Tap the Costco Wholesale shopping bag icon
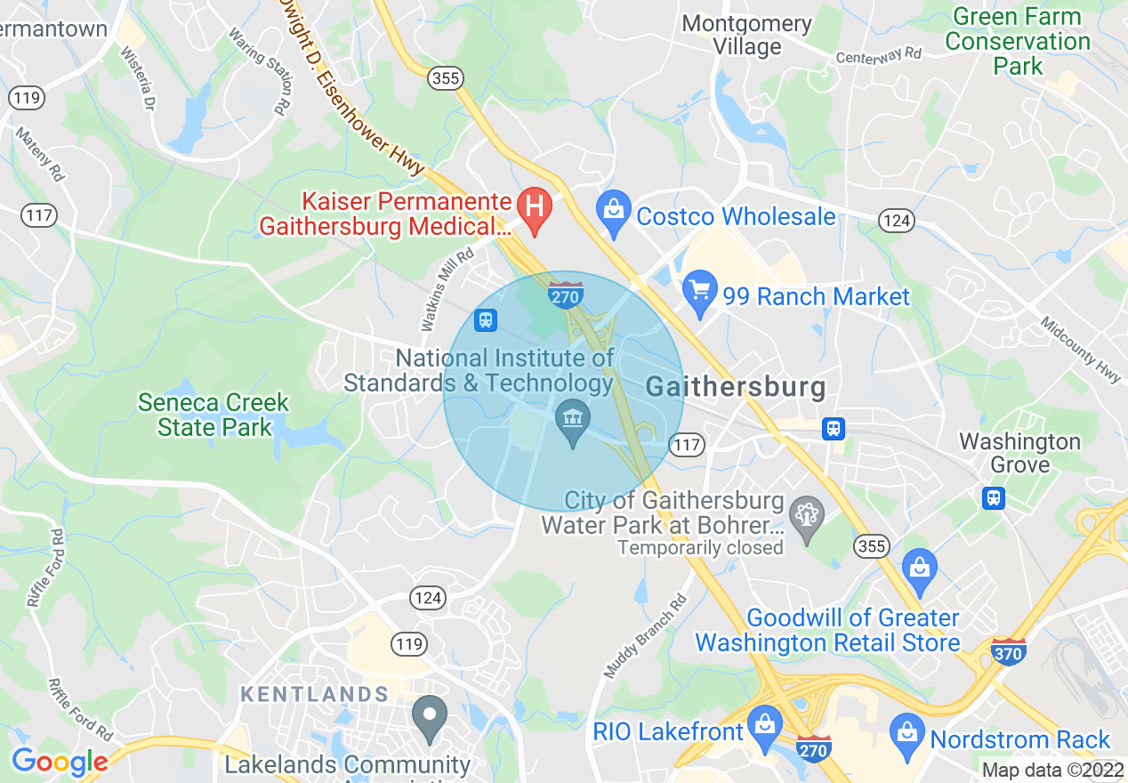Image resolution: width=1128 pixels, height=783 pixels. [613, 211]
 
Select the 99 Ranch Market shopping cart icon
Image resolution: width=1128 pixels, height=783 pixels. [699, 290]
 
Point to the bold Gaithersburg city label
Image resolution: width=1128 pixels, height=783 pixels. [735, 387]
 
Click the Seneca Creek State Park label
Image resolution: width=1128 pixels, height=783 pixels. [214, 415]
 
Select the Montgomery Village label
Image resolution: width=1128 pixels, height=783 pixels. [746, 36]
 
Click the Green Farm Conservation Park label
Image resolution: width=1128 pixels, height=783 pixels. [1017, 41]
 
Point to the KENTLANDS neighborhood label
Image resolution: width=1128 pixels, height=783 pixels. [315, 694]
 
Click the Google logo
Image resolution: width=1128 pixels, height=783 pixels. [60, 761]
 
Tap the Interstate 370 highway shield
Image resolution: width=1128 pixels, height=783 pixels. [1008, 651]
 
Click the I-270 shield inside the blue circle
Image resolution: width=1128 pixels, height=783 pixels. [566, 295]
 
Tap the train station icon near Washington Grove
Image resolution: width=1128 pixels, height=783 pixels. [994, 497]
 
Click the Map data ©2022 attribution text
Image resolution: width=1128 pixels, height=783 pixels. [1052, 770]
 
